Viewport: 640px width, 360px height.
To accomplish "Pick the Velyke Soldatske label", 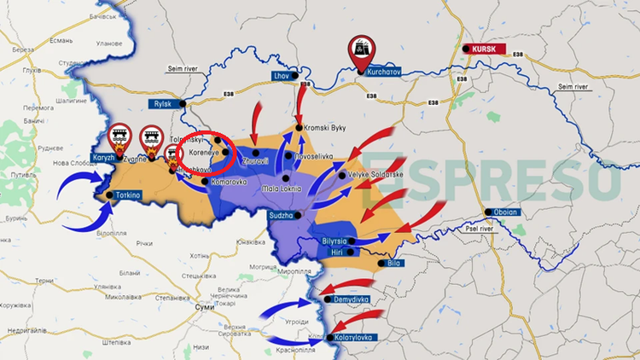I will [375, 175].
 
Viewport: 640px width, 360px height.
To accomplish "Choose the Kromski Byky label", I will [325, 128].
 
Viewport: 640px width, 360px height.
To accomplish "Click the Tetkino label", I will [125, 195].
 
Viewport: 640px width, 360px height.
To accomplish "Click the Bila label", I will [393, 264].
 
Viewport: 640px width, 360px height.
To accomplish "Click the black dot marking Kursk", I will [466, 49].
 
